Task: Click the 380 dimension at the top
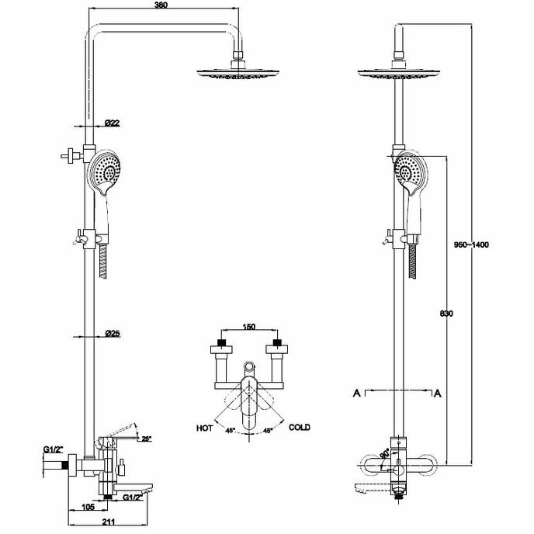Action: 161,5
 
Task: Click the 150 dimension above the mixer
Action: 248,327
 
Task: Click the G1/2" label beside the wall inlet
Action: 54,449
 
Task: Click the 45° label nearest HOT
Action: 230,430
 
